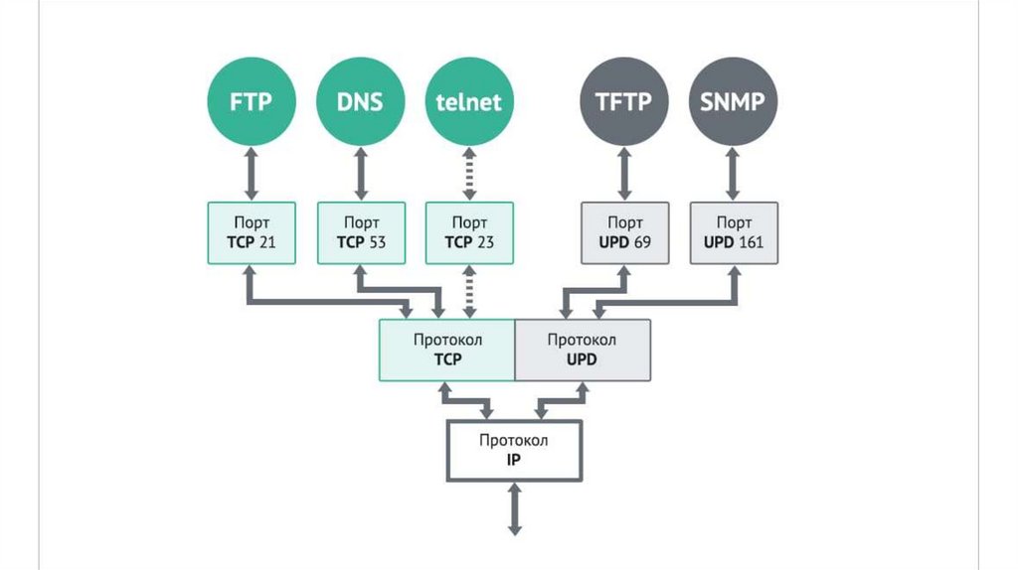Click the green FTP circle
coord(252,101)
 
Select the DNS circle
coord(360,101)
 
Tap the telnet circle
coord(469,101)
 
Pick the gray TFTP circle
coord(623,101)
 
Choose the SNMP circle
coord(734,101)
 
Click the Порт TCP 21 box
coord(252,233)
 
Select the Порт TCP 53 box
coord(360,233)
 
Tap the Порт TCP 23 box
coord(469,233)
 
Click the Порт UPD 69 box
coord(623,233)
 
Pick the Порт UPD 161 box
coord(734,233)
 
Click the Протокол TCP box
coord(447,350)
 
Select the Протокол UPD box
coord(583,350)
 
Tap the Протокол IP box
coord(514,450)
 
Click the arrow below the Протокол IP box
coord(515,508)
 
